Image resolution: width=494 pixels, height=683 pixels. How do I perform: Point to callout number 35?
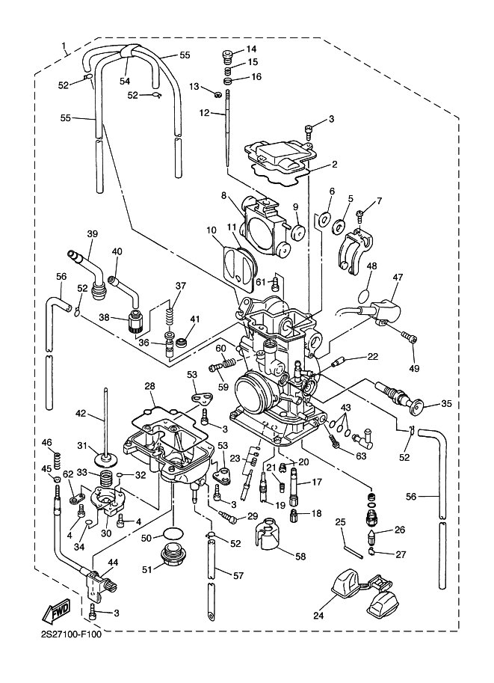(447, 404)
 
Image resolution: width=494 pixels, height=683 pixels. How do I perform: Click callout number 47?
(397, 277)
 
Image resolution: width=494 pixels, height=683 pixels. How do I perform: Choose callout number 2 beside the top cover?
(335, 164)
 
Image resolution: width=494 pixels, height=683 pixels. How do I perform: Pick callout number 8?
(223, 195)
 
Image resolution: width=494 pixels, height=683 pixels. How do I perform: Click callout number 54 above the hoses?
(125, 81)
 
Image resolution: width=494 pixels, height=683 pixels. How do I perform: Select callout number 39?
(92, 233)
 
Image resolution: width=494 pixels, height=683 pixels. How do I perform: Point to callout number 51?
(147, 569)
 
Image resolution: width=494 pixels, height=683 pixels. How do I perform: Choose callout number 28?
(149, 386)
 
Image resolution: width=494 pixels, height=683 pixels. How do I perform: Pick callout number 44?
(113, 562)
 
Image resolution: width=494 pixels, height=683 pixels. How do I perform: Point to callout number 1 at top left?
(65, 51)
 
